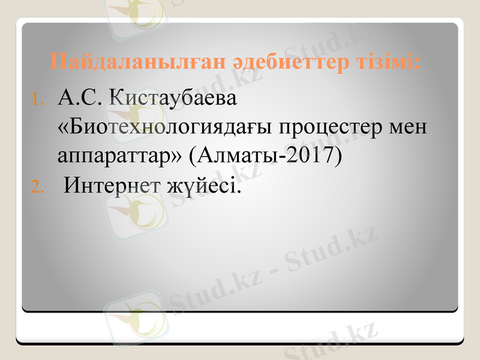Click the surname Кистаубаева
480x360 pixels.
(172, 98)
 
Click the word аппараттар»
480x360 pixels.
(119, 156)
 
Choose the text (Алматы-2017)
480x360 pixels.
(265, 155)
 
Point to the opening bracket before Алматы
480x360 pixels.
(192, 155)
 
